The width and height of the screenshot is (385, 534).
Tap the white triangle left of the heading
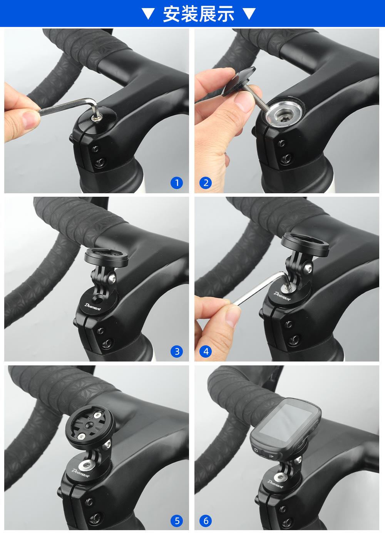(148, 13)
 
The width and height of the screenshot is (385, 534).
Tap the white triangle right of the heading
(249, 13)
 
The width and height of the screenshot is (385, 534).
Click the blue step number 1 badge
(177, 183)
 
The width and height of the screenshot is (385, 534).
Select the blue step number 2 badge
(206, 183)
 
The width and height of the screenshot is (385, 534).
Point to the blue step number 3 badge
(177, 351)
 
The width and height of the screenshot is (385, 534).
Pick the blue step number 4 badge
(206, 351)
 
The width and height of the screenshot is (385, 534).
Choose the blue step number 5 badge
(177, 521)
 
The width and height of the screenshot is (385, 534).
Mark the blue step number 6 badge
(206, 521)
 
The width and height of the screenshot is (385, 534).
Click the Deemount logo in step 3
(93, 307)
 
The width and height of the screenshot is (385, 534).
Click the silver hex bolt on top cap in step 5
(86, 464)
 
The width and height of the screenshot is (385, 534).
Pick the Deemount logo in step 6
(275, 484)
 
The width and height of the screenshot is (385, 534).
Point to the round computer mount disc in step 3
(106, 258)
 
